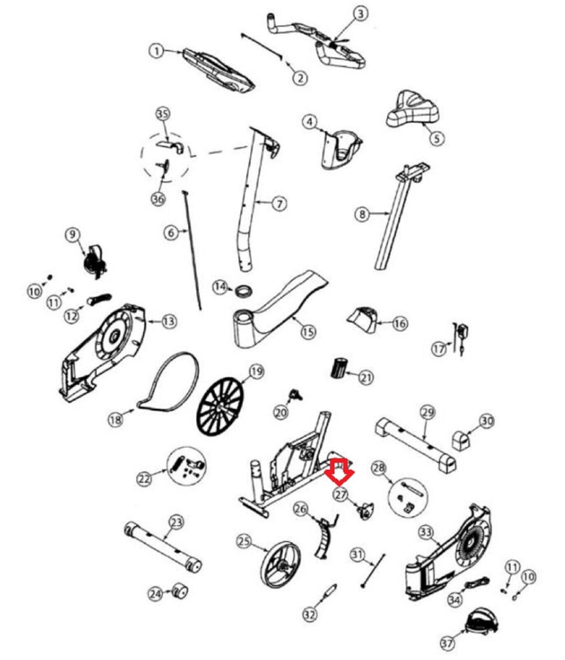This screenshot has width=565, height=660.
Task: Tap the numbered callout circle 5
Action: click(x=437, y=138)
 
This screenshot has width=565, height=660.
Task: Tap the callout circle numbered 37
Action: click(x=448, y=643)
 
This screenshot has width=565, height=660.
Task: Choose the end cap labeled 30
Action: click(x=461, y=440)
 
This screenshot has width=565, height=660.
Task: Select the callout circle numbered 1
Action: click(x=156, y=52)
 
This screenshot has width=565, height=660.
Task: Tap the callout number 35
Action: click(x=163, y=114)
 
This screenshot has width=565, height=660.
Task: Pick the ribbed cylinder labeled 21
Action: click(x=339, y=368)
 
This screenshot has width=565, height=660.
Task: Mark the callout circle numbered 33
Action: click(x=426, y=533)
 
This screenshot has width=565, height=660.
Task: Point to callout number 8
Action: click(x=362, y=214)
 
